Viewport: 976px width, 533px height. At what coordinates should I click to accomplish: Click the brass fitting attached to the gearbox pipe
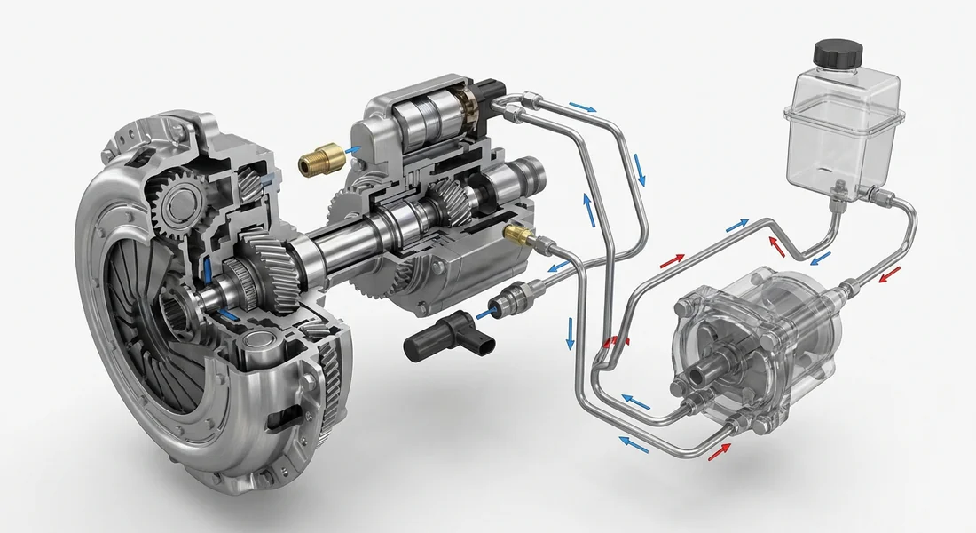[517, 234]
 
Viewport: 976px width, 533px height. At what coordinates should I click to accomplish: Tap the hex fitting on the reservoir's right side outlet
[873, 194]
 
